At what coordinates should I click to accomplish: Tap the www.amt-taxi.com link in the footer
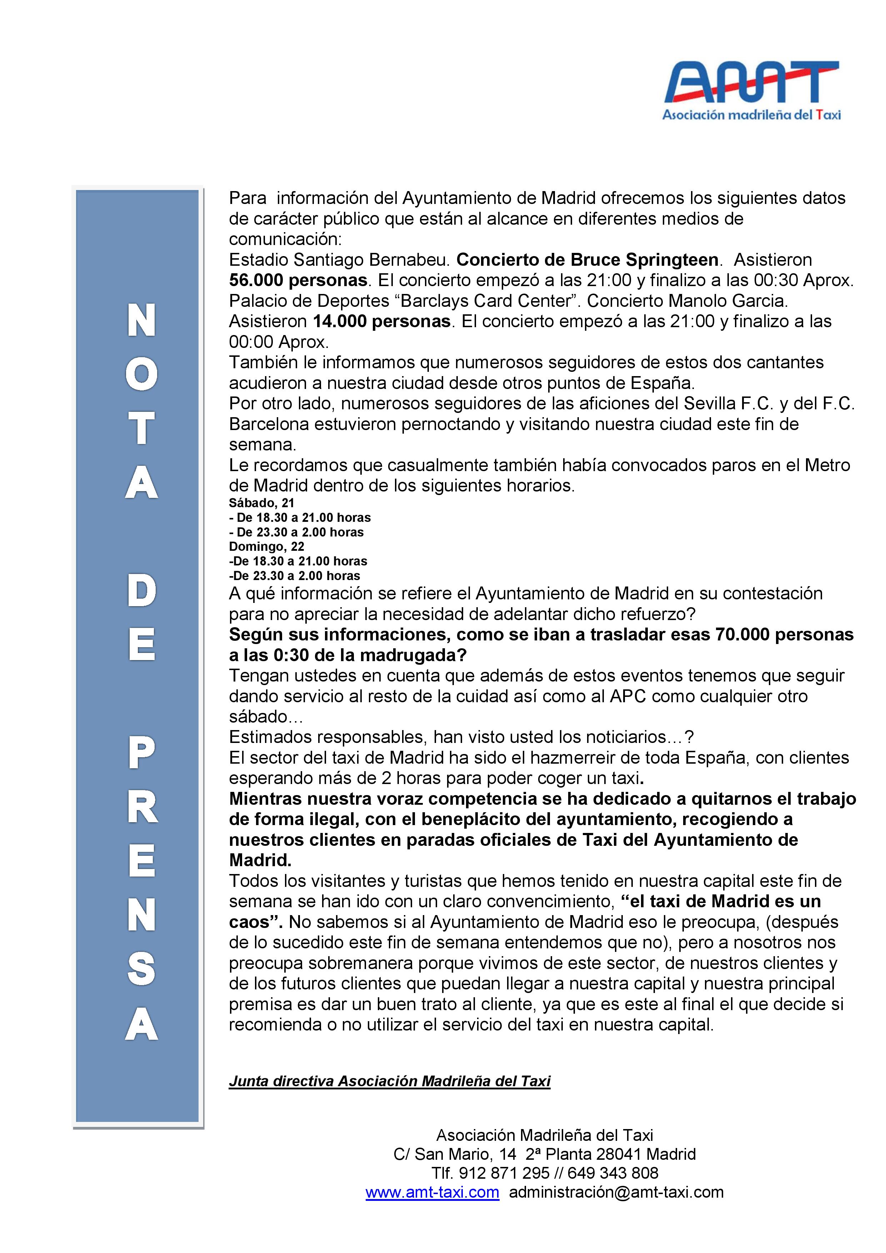click(x=432, y=1192)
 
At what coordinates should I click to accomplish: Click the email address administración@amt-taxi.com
click(x=616, y=1192)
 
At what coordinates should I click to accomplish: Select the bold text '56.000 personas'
click(x=298, y=280)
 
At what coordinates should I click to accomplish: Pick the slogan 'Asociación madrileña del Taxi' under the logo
click(x=751, y=115)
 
